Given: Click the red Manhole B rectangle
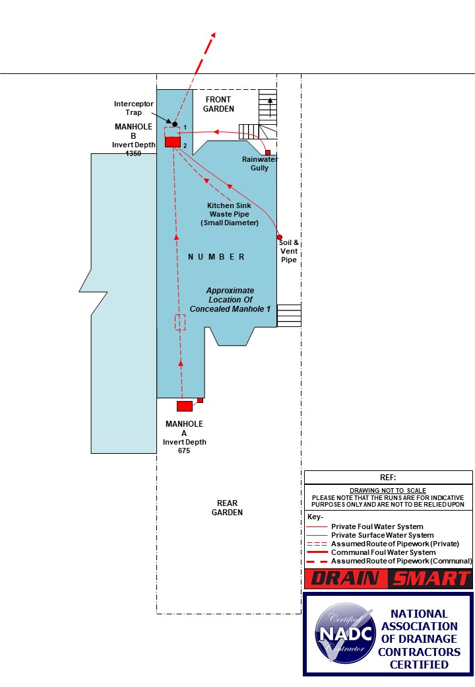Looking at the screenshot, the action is pyautogui.click(x=172, y=142).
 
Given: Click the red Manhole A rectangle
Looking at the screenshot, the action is pyautogui.click(x=185, y=406).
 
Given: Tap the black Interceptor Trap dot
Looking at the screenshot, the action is pyautogui.click(x=175, y=124).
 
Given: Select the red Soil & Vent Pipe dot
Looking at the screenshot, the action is pyautogui.click(x=280, y=237).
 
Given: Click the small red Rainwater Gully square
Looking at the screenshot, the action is pyautogui.click(x=268, y=153).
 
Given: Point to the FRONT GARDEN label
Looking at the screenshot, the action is pyautogui.click(x=218, y=104).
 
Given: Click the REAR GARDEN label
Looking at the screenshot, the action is pyautogui.click(x=227, y=507).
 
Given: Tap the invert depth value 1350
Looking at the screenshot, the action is pyautogui.click(x=134, y=154).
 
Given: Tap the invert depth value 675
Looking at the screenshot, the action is pyautogui.click(x=184, y=451).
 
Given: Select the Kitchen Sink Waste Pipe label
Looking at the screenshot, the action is pyautogui.click(x=230, y=214).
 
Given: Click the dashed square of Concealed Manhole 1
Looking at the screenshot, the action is pyautogui.click(x=180, y=322).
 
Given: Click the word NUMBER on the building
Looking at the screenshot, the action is pyautogui.click(x=216, y=257).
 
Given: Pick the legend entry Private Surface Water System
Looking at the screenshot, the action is pyautogui.click(x=382, y=535).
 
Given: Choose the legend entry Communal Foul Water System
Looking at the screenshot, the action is pyautogui.click(x=383, y=552).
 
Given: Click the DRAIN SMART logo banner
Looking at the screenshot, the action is pyautogui.click(x=388, y=579).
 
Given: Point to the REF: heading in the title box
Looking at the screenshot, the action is pyautogui.click(x=388, y=477).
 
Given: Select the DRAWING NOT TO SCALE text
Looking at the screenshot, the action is pyautogui.click(x=388, y=490).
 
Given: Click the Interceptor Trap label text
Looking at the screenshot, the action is pyautogui.click(x=134, y=108).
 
